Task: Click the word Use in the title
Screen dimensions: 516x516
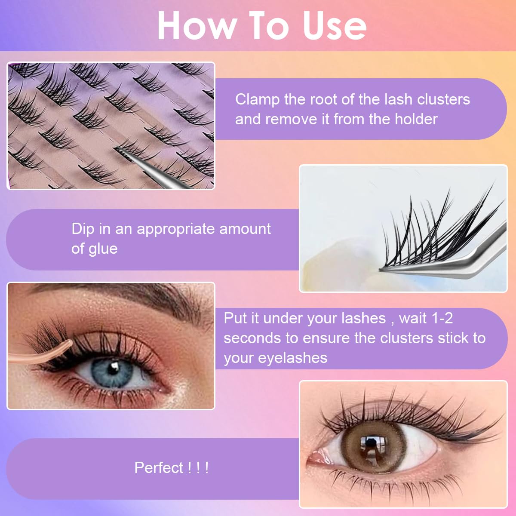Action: click(335, 26)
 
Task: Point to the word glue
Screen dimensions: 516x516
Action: click(103, 249)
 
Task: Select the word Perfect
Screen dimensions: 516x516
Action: click(159, 468)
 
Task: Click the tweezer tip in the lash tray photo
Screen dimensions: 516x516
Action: click(115, 149)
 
